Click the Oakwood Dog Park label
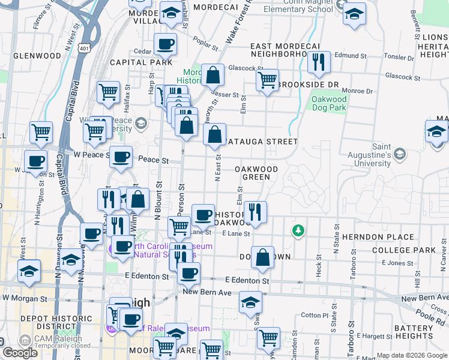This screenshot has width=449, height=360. pyautogui.click(x=329, y=103)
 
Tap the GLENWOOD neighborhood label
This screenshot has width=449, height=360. pyautogui.click(x=37, y=56)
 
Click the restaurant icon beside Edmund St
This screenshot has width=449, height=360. pyautogui.click(x=317, y=61)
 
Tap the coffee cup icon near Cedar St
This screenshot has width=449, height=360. pyautogui.click(x=165, y=43)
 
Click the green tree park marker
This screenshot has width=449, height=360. pyautogui.click(x=297, y=230)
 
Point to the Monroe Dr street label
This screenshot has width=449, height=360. pyautogui.click(x=360, y=91)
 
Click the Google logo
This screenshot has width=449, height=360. pyautogui.click(x=20, y=353)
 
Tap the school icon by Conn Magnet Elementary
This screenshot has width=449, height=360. pyautogui.click(x=354, y=14)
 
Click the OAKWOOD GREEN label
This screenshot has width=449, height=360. pyautogui.click(x=256, y=173)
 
